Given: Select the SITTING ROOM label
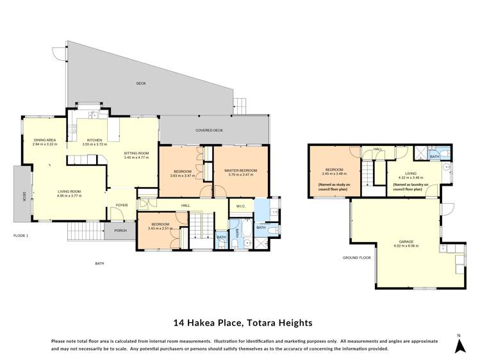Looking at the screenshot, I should (x=136, y=153).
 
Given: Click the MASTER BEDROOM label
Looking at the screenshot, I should (x=240, y=170).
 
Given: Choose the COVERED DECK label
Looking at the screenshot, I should (x=209, y=130).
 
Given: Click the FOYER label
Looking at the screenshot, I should (x=122, y=206).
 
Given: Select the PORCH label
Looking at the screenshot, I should (x=120, y=231).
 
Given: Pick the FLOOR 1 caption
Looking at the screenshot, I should (x=21, y=236).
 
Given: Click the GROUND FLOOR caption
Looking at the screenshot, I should (x=358, y=258).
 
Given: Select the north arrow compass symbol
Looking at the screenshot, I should (x=459, y=345).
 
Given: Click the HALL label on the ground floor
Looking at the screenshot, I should (x=377, y=149).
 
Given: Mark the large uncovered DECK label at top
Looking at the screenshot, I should (x=140, y=84).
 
